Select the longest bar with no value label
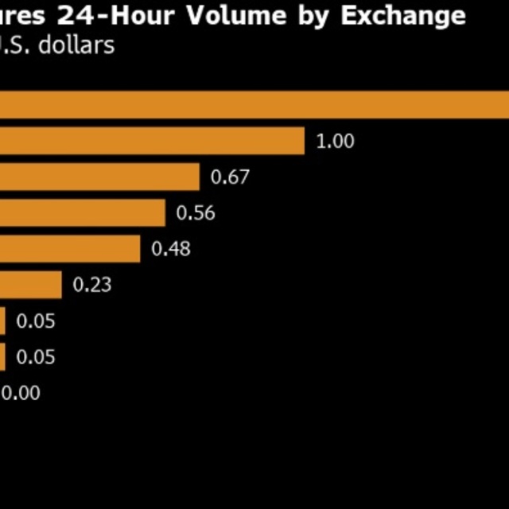[x=254, y=105]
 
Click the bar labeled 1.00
[x=151, y=142]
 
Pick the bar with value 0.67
[x=99, y=177]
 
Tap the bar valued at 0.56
[x=82, y=213]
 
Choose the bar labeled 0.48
[x=70, y=249]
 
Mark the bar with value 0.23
[x=30, y=285]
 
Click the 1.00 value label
[x=335, y=142]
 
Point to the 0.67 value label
[x=230, y=177]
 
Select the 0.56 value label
[x=196, y=213]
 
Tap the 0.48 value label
[x=171, y=249]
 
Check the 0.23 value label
[x=92, y=285]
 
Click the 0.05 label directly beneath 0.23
[x=36, y=321]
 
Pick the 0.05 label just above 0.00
[x=36, y=357]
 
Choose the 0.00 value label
[x=21, y=392]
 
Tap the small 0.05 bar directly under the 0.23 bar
[x=2, y=321]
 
